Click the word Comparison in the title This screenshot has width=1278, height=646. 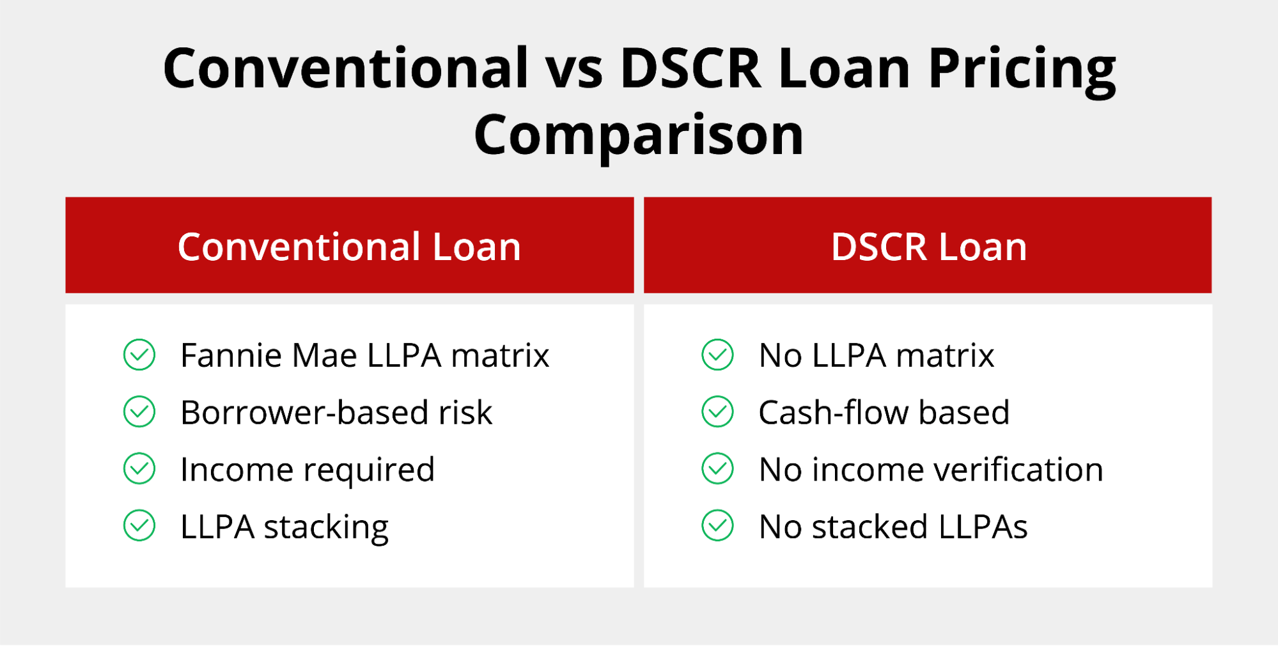[639, 136]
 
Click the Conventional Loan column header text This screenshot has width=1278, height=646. [349, 247]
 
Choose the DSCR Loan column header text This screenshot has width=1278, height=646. [928, 247]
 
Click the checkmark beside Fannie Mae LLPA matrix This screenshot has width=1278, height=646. [139, 355]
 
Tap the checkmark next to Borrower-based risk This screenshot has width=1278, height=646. [139, 411]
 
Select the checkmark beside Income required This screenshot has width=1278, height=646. [139, 468]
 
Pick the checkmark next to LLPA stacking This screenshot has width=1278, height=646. [139, 525]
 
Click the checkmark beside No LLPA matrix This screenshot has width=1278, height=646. [717, 355]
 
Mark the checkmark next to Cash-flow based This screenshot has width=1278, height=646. [717, 411]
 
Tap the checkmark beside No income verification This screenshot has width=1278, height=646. [717, 468]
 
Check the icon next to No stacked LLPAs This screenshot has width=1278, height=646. [717, 525]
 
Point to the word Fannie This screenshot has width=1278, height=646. [231, 355]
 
